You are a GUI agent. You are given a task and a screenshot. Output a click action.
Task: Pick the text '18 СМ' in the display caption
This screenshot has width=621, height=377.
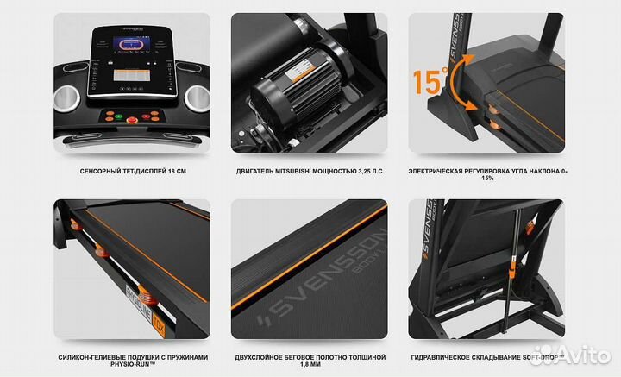click(x=176, y=172)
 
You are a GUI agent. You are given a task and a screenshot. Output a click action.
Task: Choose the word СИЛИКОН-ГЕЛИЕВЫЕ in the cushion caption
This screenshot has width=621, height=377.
click(x=85, y=356)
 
